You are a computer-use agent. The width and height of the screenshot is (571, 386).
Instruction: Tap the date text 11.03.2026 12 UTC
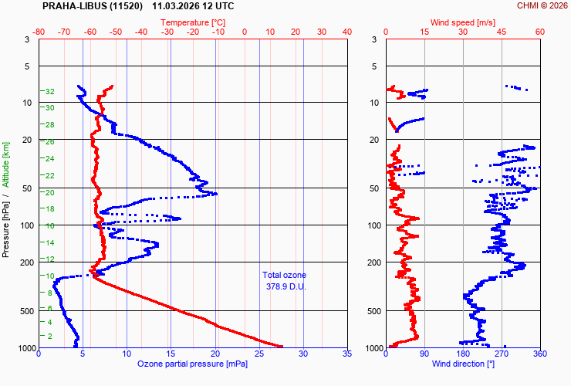click(x=194, y=6)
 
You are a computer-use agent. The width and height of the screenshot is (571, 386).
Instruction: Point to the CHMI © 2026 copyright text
click(x=542, y=6)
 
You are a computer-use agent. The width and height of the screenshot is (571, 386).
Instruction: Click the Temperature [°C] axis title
click(x=193, y=22)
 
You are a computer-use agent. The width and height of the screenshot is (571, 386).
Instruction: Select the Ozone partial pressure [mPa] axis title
click(x=192, y=363)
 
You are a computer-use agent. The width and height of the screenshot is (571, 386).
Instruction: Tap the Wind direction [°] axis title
click(x=463, y=363)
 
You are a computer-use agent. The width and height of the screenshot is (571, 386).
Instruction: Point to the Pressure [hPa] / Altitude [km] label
click(x=6, y=199)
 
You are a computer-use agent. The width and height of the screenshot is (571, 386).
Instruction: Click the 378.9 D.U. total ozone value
click(x=284, y=286)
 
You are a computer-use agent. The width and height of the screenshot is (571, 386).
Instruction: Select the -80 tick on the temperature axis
click(x=39, y=32)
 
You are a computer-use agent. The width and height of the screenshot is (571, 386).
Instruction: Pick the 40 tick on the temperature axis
click(x=346, y=32)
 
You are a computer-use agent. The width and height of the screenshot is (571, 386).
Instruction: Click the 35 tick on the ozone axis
click(x=346, y=354)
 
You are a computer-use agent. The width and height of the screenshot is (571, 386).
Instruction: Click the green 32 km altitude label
click(x=49, y=92)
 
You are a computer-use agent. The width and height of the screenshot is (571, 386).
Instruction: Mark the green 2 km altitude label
click(x=50, y=336)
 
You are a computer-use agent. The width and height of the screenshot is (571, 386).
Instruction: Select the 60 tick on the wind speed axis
click(x=539, y=32)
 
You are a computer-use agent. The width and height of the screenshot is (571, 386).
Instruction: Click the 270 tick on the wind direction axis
click(x=502, y=354)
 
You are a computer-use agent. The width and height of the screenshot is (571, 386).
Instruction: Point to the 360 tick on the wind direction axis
click(x=539, y=354)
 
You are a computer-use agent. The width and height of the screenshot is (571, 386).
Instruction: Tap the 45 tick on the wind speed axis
click(x=502, y=32)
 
